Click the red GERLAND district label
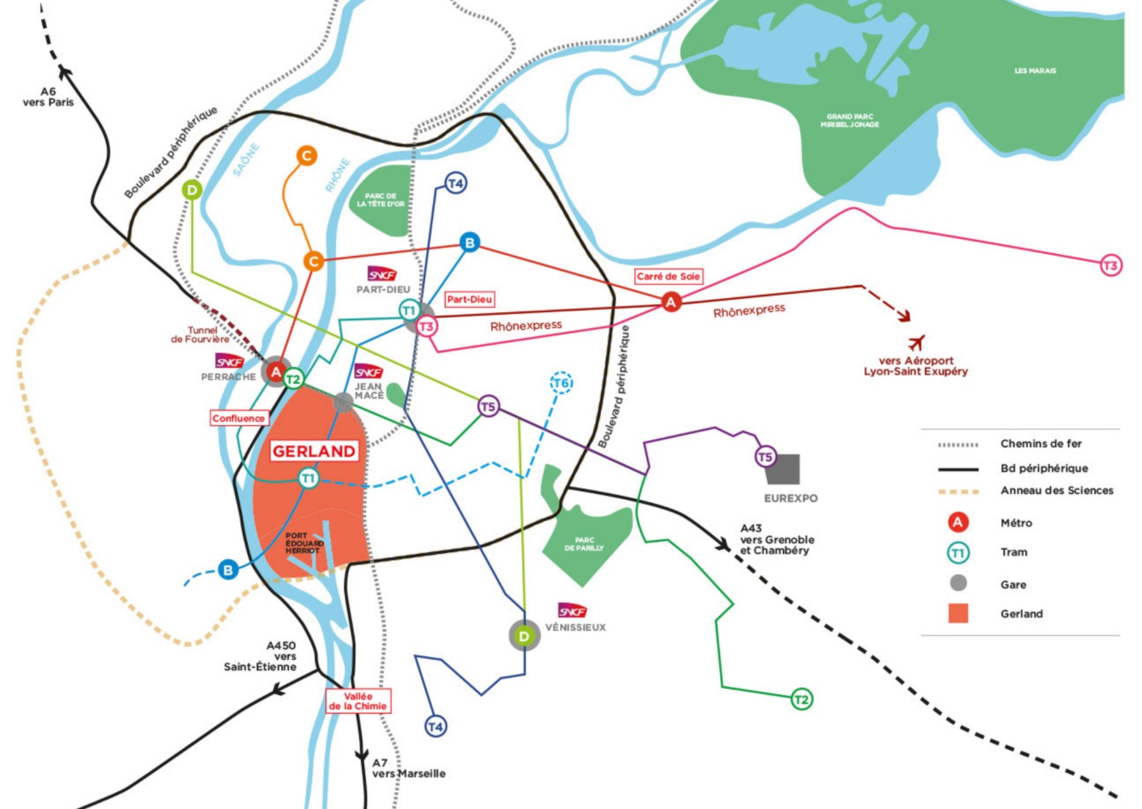coord(314,451)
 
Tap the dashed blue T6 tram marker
coord(561,383)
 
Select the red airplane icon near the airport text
coord(916,342)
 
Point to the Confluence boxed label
coord(239,418)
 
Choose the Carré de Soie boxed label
coord(668,277)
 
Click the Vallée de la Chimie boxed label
coord(357,701)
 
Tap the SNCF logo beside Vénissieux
coord(572,611)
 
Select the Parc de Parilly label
coord(584,544)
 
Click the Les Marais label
coord(1035,71)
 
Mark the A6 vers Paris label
coord(48,97)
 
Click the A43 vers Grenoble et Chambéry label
coord(777,540)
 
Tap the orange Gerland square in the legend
coord(958,614)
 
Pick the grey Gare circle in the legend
coord(958,584)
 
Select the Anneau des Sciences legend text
coord(1056,490)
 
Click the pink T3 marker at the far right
coord(1110,266)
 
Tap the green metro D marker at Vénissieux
coord(524,636)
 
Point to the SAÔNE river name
coord(246,159)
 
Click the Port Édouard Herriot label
coord(304,543)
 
